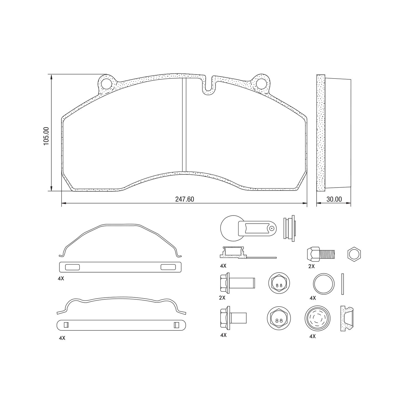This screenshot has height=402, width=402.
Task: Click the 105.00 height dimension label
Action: point(46,136)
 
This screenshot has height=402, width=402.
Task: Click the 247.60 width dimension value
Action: point(184,199)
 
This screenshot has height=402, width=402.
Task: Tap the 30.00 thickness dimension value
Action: point(334,199)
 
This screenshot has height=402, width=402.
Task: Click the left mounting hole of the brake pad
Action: point(106,83)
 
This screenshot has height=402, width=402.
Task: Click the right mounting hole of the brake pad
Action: point(261,83)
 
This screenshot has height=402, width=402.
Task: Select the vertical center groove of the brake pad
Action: point(184,125)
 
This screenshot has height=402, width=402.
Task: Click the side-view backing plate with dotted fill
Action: point(321,133)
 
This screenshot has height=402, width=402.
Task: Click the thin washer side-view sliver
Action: point(343,284)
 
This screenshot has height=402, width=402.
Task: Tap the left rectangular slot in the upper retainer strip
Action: point(72,267)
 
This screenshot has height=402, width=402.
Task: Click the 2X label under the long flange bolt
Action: point(222,298)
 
